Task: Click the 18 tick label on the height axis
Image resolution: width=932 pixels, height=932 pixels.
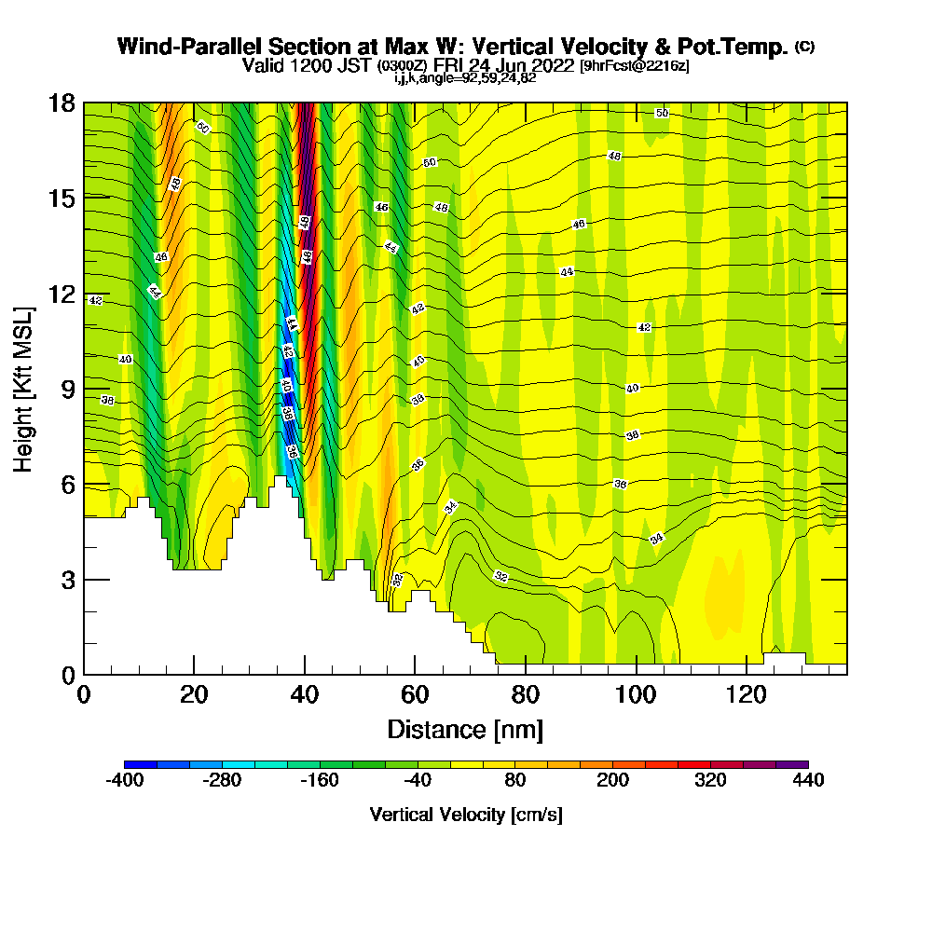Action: [x=61, y=103]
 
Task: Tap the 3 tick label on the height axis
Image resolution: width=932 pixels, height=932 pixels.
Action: [x=66, y=579]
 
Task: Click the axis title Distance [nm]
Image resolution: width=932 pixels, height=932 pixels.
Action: [x=465, y=729]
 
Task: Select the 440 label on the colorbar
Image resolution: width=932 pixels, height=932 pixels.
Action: [x=808, y=781]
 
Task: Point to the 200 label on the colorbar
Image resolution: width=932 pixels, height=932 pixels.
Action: [x=612, y=781]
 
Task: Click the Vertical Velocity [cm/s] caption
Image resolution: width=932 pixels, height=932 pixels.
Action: [x=466, y=815]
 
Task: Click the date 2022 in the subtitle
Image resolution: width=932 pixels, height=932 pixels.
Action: [x=552, y=65]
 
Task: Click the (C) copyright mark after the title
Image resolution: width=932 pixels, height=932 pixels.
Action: [x=803, y=46]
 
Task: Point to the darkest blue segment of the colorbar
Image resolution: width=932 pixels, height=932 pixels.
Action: [x=141, y=764]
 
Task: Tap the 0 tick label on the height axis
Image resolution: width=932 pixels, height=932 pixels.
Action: [x=66, y=674]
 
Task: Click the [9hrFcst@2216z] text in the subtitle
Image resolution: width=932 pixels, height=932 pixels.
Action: [x=634, y=66]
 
